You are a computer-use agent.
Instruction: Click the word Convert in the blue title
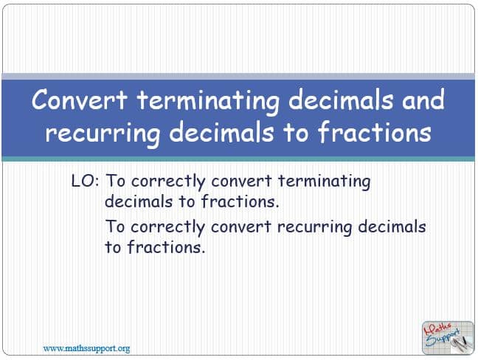(80, 100)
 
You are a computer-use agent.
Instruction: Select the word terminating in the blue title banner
(208, 102)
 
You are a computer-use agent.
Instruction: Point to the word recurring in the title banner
(103, 134)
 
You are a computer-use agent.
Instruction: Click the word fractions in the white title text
(374, 132)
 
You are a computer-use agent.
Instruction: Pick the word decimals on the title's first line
(341, 100)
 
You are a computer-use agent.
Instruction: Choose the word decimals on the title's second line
(221, 132)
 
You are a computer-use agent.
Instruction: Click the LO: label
(85, 181)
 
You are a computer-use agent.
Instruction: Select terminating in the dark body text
(325, 182)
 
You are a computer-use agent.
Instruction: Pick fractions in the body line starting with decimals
(240, 201)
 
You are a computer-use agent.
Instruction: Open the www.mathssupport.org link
(86, 348)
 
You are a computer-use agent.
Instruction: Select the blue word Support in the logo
(443, 338)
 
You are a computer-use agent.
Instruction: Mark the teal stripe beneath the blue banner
(238, 159)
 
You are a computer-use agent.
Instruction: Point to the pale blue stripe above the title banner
(238, 77)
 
